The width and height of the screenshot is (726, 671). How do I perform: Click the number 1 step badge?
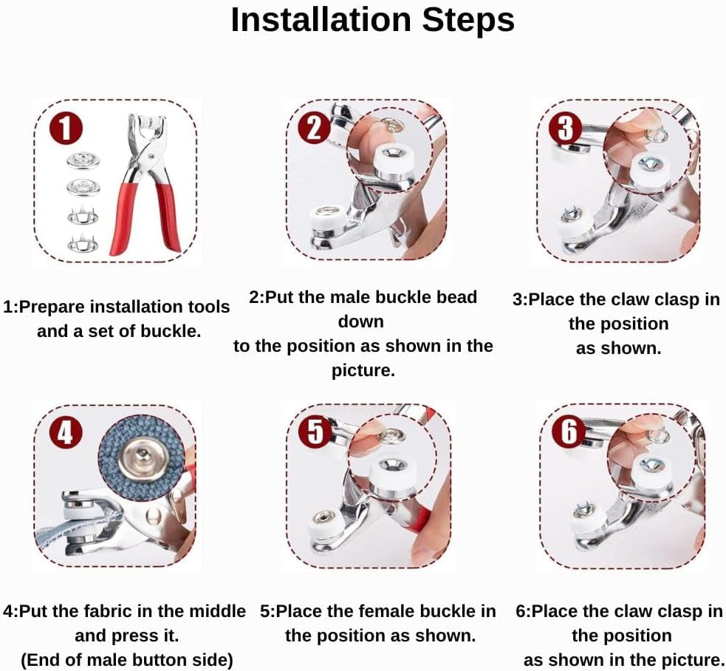point(66,129)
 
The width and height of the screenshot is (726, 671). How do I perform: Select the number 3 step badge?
point(565,127)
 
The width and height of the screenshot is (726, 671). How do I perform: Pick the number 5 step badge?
point(315,432)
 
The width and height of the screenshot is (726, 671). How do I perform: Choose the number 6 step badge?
point(569,432)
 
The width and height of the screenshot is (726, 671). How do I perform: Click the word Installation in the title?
point(321,20)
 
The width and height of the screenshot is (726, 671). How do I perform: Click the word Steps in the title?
point(468,21)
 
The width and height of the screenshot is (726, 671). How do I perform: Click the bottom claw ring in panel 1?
point(83,243)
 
